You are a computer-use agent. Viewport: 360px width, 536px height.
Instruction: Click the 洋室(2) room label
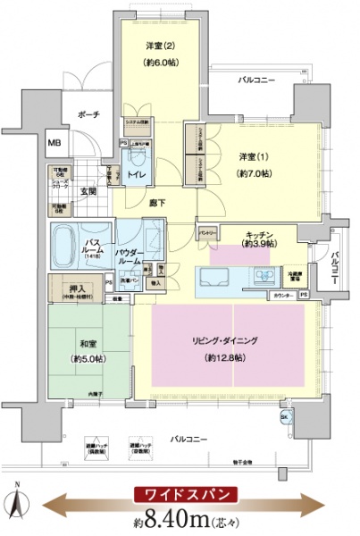click(x=147, y=46)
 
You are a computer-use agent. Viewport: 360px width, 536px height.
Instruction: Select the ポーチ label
click(x=88, y=114)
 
